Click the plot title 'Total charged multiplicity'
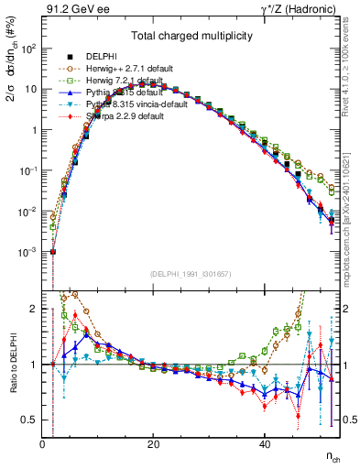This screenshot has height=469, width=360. pyautogui.click(x=189, y=38)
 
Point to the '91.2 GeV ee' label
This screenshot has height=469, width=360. pyautogui.click(x=71, y=9)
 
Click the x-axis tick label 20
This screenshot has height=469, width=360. pyautogui.click(x=153, y=445)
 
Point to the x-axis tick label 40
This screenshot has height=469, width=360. pyautogui.click(x=264, y=445)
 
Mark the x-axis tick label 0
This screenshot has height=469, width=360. pyautogui.click(x=43, y=445)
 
